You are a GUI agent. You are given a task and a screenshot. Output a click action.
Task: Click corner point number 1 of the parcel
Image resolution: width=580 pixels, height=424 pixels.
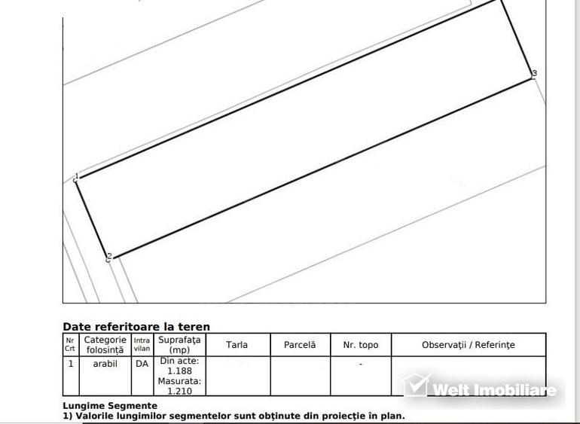click(x=76, y=178)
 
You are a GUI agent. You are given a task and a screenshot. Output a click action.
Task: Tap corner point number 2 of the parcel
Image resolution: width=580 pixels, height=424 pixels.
click(x=108, y=258)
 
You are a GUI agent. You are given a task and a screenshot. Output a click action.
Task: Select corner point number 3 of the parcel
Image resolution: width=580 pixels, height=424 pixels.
click(x=533, y=75)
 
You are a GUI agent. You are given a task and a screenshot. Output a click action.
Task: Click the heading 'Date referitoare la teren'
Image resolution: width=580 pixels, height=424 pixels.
click(x=136, y=327)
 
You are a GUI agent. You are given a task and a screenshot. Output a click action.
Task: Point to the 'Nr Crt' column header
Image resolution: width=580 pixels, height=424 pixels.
click(x=70, y=344)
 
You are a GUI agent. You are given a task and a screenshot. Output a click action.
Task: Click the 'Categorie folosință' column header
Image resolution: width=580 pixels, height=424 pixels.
click(x=105, y=345)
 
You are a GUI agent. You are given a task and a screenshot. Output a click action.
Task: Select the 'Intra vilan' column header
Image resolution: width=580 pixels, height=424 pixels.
click(x=142, y=344)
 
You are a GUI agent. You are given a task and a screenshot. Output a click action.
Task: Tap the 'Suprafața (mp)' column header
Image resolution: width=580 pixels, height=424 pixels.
click(x=179, y=345)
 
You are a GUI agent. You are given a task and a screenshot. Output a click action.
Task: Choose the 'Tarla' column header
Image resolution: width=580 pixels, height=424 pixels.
click(x=237, y=345)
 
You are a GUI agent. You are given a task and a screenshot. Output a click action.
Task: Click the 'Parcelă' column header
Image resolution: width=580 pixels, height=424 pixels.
click(x=300, y=345)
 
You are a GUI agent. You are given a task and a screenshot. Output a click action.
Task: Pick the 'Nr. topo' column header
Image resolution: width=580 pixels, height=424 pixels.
click(x=361, y=345)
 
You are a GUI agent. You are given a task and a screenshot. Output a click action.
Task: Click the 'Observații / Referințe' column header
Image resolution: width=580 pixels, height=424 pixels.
click(x=468, y=345)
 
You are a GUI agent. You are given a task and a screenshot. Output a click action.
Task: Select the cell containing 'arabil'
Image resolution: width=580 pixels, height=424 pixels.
click(x=105, y=364)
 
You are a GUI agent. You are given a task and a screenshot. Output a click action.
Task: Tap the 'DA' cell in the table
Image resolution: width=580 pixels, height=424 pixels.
click(x=142, y=364)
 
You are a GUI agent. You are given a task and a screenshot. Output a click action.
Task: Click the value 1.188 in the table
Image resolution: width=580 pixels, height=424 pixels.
click(x=179, y=371)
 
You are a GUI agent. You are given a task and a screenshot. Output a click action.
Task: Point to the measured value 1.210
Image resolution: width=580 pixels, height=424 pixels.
click(x=179, y=391)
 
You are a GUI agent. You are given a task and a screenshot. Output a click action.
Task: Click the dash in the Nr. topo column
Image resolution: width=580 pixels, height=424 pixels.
click(x=361, y=364)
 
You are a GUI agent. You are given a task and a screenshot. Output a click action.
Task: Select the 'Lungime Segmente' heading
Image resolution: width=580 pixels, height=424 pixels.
click(x=110, y=406)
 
